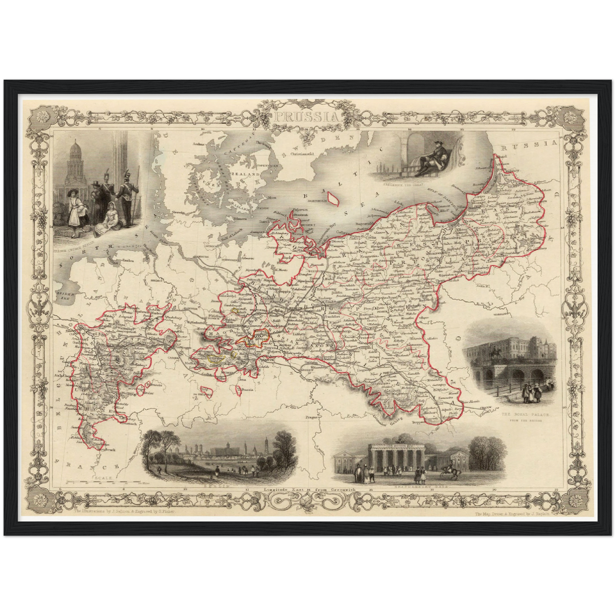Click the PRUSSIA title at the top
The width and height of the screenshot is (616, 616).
click(307, 116)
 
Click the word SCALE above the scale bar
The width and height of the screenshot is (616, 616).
click(104, 478)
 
